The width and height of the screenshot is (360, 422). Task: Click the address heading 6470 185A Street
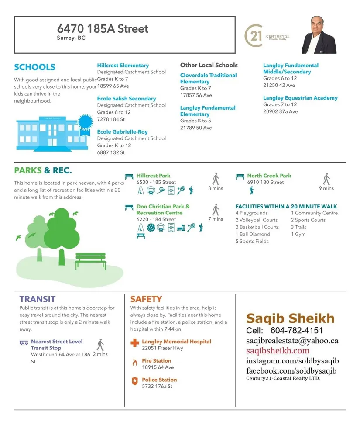pyautogui.click(x=103, y=29)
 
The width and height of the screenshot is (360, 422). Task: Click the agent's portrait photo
pyautogui.click(x=319, y=35)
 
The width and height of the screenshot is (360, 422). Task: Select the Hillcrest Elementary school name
pyautogui.click(x=123, y=66)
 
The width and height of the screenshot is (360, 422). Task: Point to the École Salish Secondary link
pyautogui.click(x=126, y=99)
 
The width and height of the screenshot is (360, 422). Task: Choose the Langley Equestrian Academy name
pyautogui.click(x=300, y=98)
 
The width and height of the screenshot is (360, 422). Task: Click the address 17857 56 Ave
pyautogui.click(x=196, y=95)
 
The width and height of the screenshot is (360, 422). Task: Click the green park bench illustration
pyautogui.click(x=90, y=261)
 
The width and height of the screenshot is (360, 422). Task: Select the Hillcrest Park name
pyautogui.click(x=153, y=176)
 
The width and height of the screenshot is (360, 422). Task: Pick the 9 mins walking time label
pyautogui.click(x=326, y=188)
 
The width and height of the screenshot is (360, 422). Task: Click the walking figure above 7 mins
pyautogui.click(x=216, y=210)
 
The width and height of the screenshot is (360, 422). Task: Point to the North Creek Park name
pyautogui.click(x=269, y=176)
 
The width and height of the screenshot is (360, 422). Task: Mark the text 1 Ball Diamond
pyautogui.click(x=253, y=234)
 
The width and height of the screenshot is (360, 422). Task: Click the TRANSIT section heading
pyautogui.click(x=37, y=299)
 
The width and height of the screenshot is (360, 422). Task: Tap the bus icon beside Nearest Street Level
pyautogui.click(x=24, y=342)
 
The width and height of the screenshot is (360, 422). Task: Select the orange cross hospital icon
pyautogui.click(x=135, y=343)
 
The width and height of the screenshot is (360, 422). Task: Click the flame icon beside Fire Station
pyautogui.click(x=134, y=362)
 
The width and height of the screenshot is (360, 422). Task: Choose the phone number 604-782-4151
pyautogui.click(x=296, y=330)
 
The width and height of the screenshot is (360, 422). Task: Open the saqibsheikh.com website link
pyautogui.click(x=278, y=350)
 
